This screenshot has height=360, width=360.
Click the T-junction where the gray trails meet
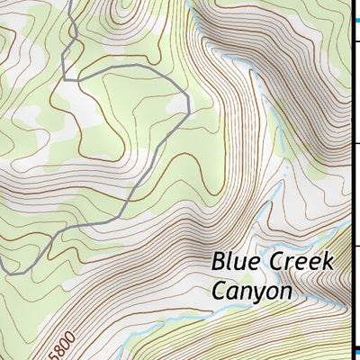point(77,80)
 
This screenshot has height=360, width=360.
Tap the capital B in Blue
point(219,262)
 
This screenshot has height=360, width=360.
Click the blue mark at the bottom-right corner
point(355,352)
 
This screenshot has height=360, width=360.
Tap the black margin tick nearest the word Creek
point(355,243)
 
